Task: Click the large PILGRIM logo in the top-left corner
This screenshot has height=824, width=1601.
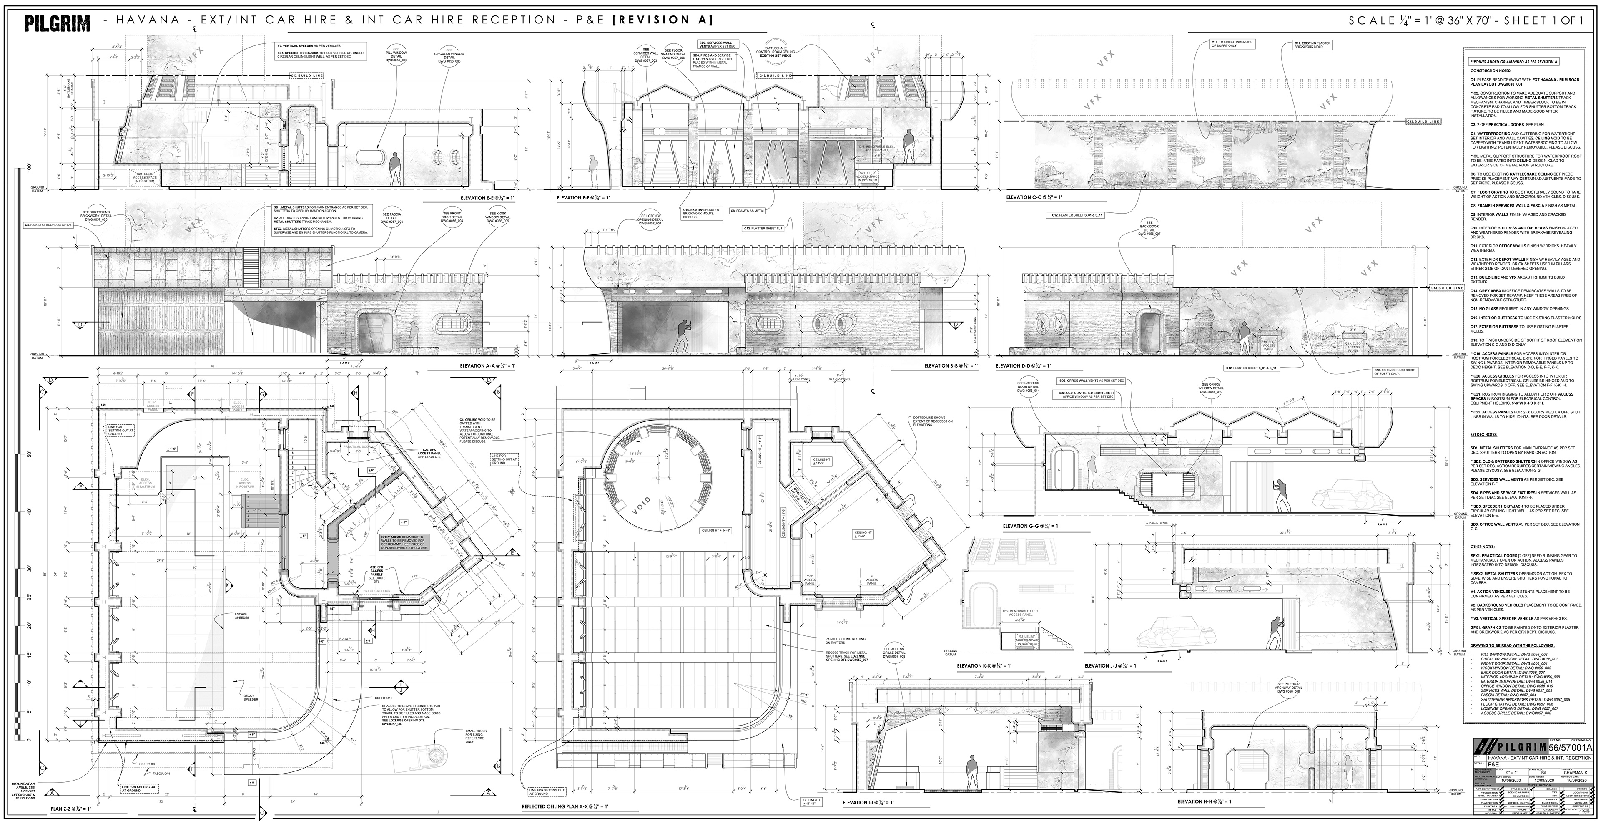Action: pos(57,24)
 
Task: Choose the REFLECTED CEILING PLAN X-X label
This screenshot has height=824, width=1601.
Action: pos(565,806)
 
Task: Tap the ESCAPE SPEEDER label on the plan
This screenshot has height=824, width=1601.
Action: pos(242,616)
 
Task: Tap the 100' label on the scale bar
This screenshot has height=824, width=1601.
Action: pos(29,168)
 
